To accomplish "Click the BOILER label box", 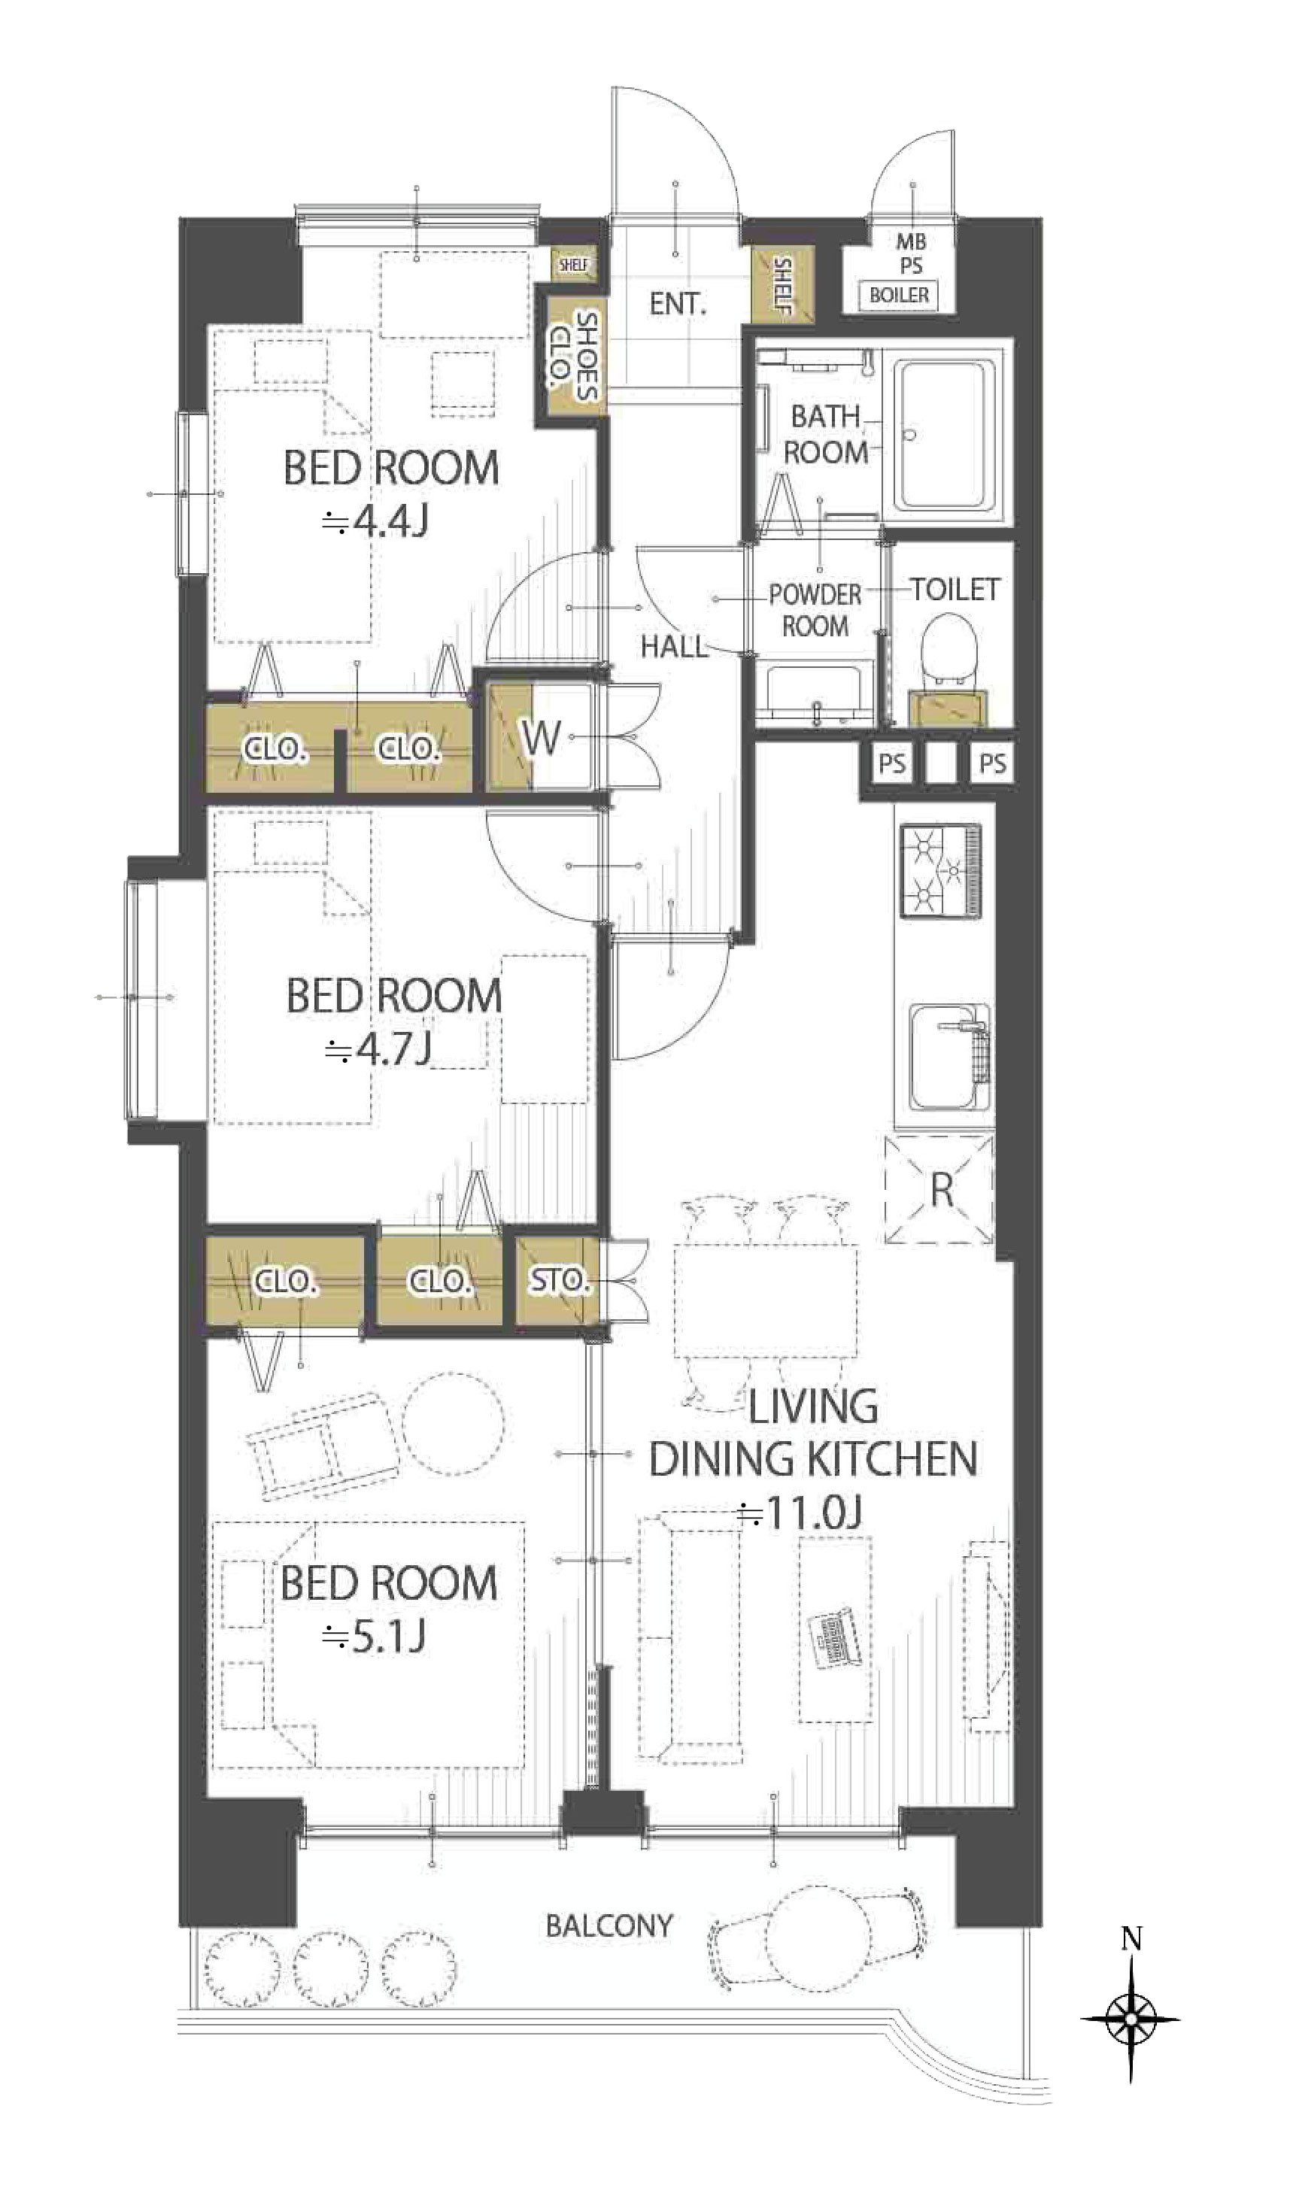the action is click(x=899, y=296).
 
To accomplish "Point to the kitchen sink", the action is click(x=949, y=1058).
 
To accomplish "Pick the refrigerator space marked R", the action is click(x=939, y=1189).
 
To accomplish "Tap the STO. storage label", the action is click(x=558, y=1280).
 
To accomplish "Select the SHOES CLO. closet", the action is click(x=572, y=357).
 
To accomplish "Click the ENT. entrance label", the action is click(x=678, y=304).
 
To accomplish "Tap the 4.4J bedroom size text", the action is click(x=376, y=522).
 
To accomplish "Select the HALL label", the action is click(x=674, y=647).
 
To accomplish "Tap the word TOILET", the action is click(x=955, y=590).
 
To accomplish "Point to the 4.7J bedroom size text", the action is click(x=378, y=1049).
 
